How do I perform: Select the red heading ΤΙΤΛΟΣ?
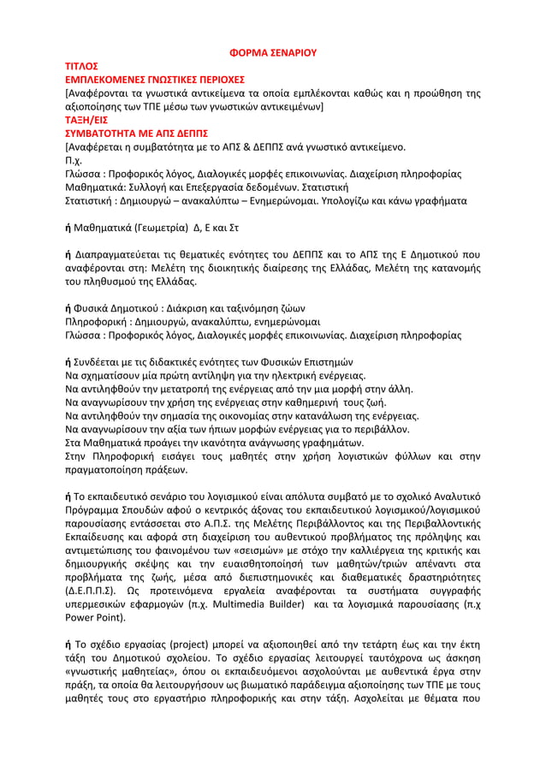click(x=82, y=66)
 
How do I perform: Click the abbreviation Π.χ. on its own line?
click(x=75, y=161)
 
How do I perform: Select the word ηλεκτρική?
click(x=292, y=375)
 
